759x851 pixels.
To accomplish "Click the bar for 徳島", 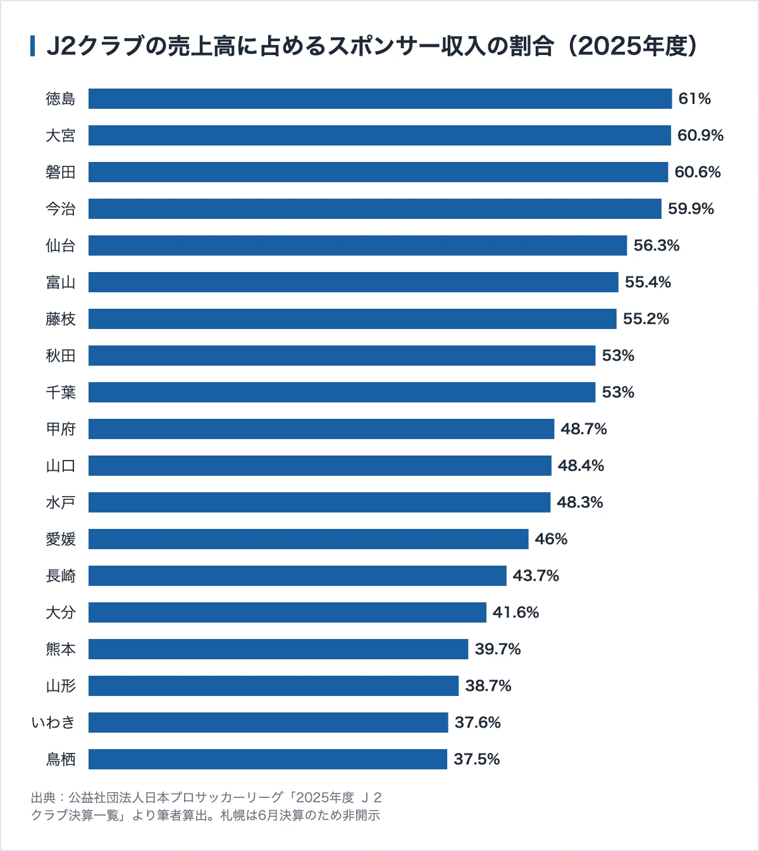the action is [x=380, y=99].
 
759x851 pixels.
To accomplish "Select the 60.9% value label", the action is [x=700, y=135].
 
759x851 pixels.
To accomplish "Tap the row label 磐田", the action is [x=61, y=172].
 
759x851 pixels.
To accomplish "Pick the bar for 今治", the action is [x=374, y=209].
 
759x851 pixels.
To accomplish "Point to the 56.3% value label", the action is [x=657, y=245].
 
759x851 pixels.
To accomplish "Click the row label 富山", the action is [x=61, y=282].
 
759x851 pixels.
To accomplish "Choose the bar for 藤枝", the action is [x=352, y=319].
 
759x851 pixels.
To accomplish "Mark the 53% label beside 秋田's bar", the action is [x=618, y=356].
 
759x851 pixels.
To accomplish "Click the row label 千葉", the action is [x=61, y=392].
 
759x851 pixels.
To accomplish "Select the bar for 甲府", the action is [x=321, y=429].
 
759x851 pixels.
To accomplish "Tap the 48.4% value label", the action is [x=581, y=466].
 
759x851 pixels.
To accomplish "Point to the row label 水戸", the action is [x=61, y=502].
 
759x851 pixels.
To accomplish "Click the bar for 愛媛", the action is [x=308, y=539].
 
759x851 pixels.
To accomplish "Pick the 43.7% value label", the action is [x=536, y=576].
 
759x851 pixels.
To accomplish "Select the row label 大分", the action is [x=61, y=612].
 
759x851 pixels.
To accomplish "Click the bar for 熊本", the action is [x=278, y=649].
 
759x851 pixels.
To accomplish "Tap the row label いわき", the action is [x=53, y=723].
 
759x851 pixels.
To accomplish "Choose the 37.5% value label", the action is [x=477, y=759].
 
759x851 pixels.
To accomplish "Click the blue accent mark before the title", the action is [x=32, y=46].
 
